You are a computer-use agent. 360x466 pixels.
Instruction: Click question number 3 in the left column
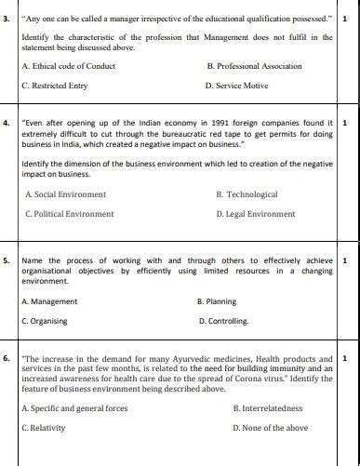7,19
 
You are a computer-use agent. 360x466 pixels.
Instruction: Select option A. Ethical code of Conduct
67,66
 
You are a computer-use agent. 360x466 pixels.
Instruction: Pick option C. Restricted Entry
55,86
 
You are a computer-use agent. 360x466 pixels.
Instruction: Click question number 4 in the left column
7,122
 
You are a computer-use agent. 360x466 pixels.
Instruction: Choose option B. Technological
246,194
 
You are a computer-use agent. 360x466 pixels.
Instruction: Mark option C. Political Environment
70,214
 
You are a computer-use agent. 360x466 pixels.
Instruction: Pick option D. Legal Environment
255,214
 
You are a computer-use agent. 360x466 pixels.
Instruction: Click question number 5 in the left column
7,260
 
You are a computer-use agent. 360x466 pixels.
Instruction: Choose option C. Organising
47,321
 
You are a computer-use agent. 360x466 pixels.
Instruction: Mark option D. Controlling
224,321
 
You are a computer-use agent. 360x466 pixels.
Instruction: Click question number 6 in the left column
7,357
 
